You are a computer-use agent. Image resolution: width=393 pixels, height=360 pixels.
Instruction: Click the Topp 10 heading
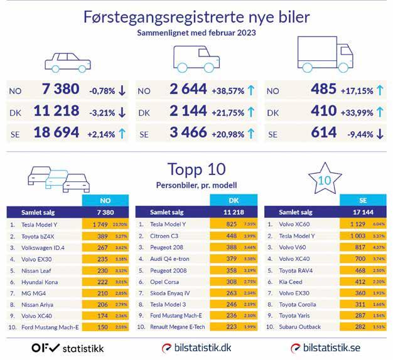196,170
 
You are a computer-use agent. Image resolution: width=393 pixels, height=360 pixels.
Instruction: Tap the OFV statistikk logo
68,347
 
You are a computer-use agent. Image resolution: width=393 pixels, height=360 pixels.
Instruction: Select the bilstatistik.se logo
326,347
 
